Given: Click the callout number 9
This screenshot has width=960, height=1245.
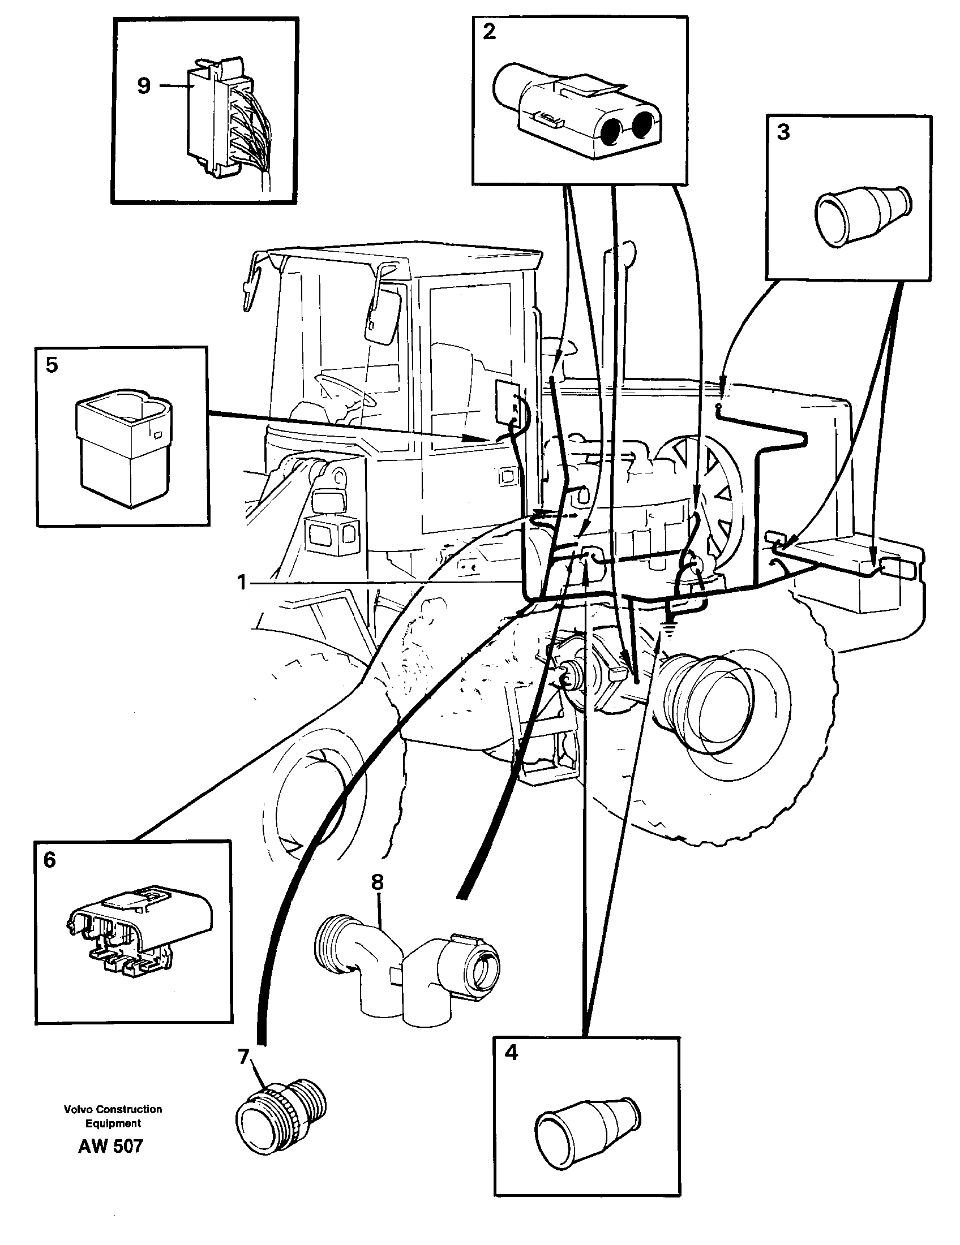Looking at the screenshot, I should click(144, 86).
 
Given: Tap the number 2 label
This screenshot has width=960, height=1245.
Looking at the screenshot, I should click(489, 32).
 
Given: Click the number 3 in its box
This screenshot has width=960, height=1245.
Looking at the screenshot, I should click(783, 132).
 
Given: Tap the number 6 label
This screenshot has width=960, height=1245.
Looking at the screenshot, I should click(50, 860).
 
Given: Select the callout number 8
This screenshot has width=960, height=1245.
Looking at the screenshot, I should click(377, 883).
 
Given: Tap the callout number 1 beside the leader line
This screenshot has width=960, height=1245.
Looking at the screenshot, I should click(242, 583).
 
